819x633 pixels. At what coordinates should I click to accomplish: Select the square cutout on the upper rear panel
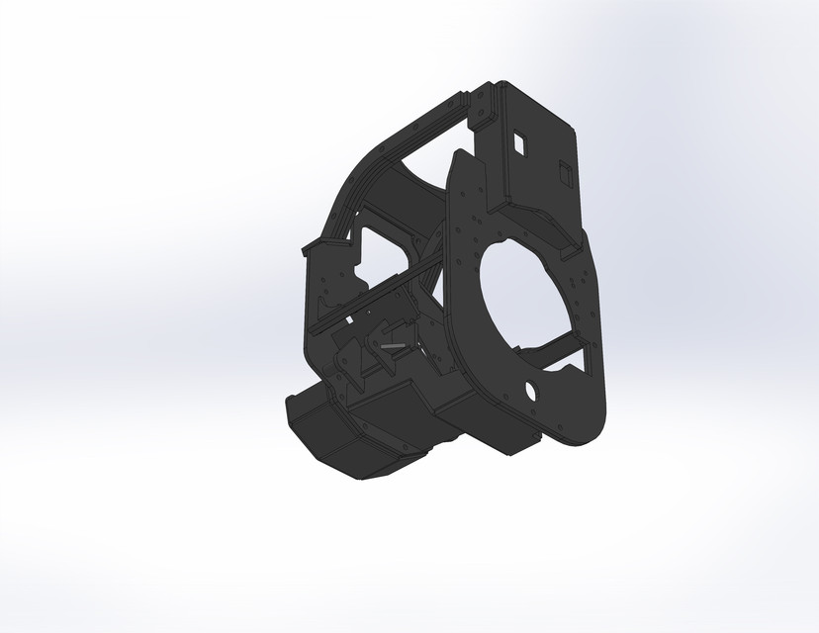click(x=518, y=143)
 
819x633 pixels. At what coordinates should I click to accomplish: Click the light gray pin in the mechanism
click(x=392, y=345)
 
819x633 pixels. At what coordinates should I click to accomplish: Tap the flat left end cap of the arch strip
click(x=308, y=246)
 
